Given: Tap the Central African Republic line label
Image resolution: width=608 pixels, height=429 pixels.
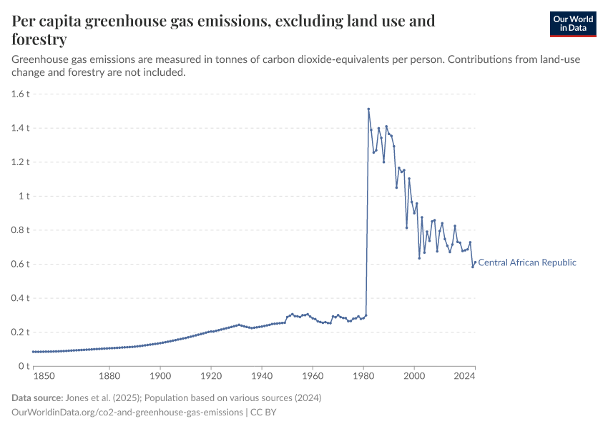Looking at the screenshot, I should tap(527, 262).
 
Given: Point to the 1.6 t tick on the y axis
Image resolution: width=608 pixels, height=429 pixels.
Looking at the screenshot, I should tap(20, 94).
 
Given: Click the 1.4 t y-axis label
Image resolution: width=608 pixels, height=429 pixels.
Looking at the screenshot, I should tap(20, 128).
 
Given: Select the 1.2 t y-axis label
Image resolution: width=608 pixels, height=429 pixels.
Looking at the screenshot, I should tap(20, 162).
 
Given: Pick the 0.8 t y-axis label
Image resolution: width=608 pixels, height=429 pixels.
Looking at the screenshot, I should tap(20, 230).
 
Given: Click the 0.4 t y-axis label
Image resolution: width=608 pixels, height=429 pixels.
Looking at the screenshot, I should tap(20, 298).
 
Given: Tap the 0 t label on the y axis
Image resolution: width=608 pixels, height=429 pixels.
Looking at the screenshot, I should tap(23, 366).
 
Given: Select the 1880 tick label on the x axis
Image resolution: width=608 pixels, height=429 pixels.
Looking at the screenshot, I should tap(109, 375).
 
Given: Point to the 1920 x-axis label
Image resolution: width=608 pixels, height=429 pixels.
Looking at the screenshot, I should tap(210, 375).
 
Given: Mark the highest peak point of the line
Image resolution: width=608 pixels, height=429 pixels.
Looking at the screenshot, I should tap(368, 109).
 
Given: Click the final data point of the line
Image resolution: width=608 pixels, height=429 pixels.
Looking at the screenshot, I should tap(475, 262).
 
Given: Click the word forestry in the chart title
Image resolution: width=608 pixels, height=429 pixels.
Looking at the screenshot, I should tap(39, 39).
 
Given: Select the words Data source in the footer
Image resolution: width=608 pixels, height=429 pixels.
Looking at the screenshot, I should tap(37, 398).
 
